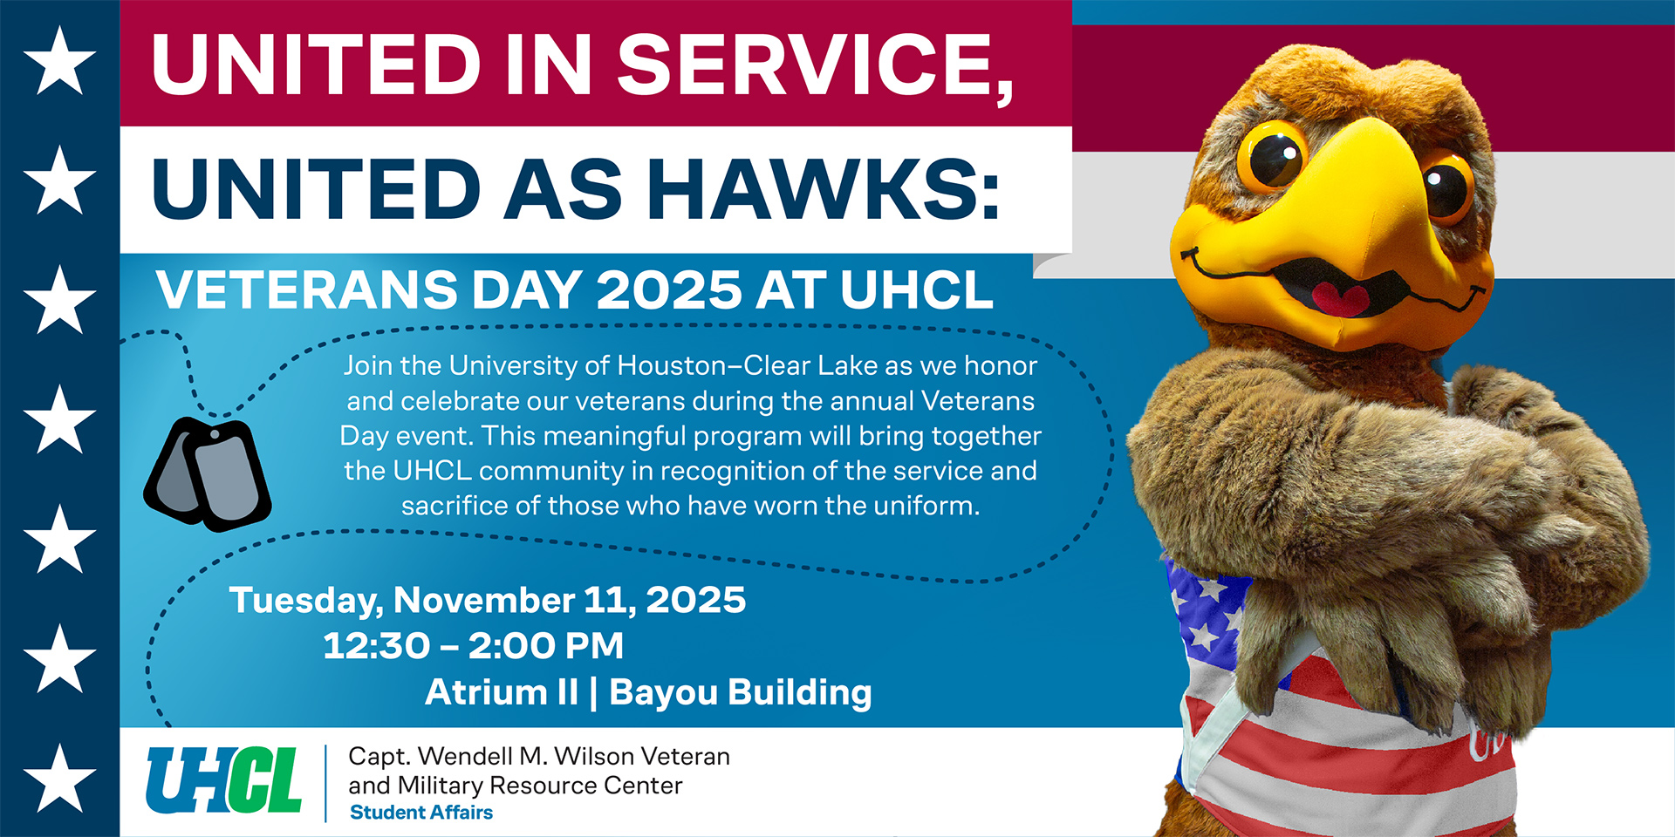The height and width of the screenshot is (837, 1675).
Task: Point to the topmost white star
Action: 59,60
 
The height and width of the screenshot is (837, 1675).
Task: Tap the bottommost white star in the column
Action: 59,778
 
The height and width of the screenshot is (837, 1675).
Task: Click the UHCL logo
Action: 224,781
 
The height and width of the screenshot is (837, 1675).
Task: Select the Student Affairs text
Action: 421,813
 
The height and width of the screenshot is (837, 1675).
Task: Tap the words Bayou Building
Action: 740,693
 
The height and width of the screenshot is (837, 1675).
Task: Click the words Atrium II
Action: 502,693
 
